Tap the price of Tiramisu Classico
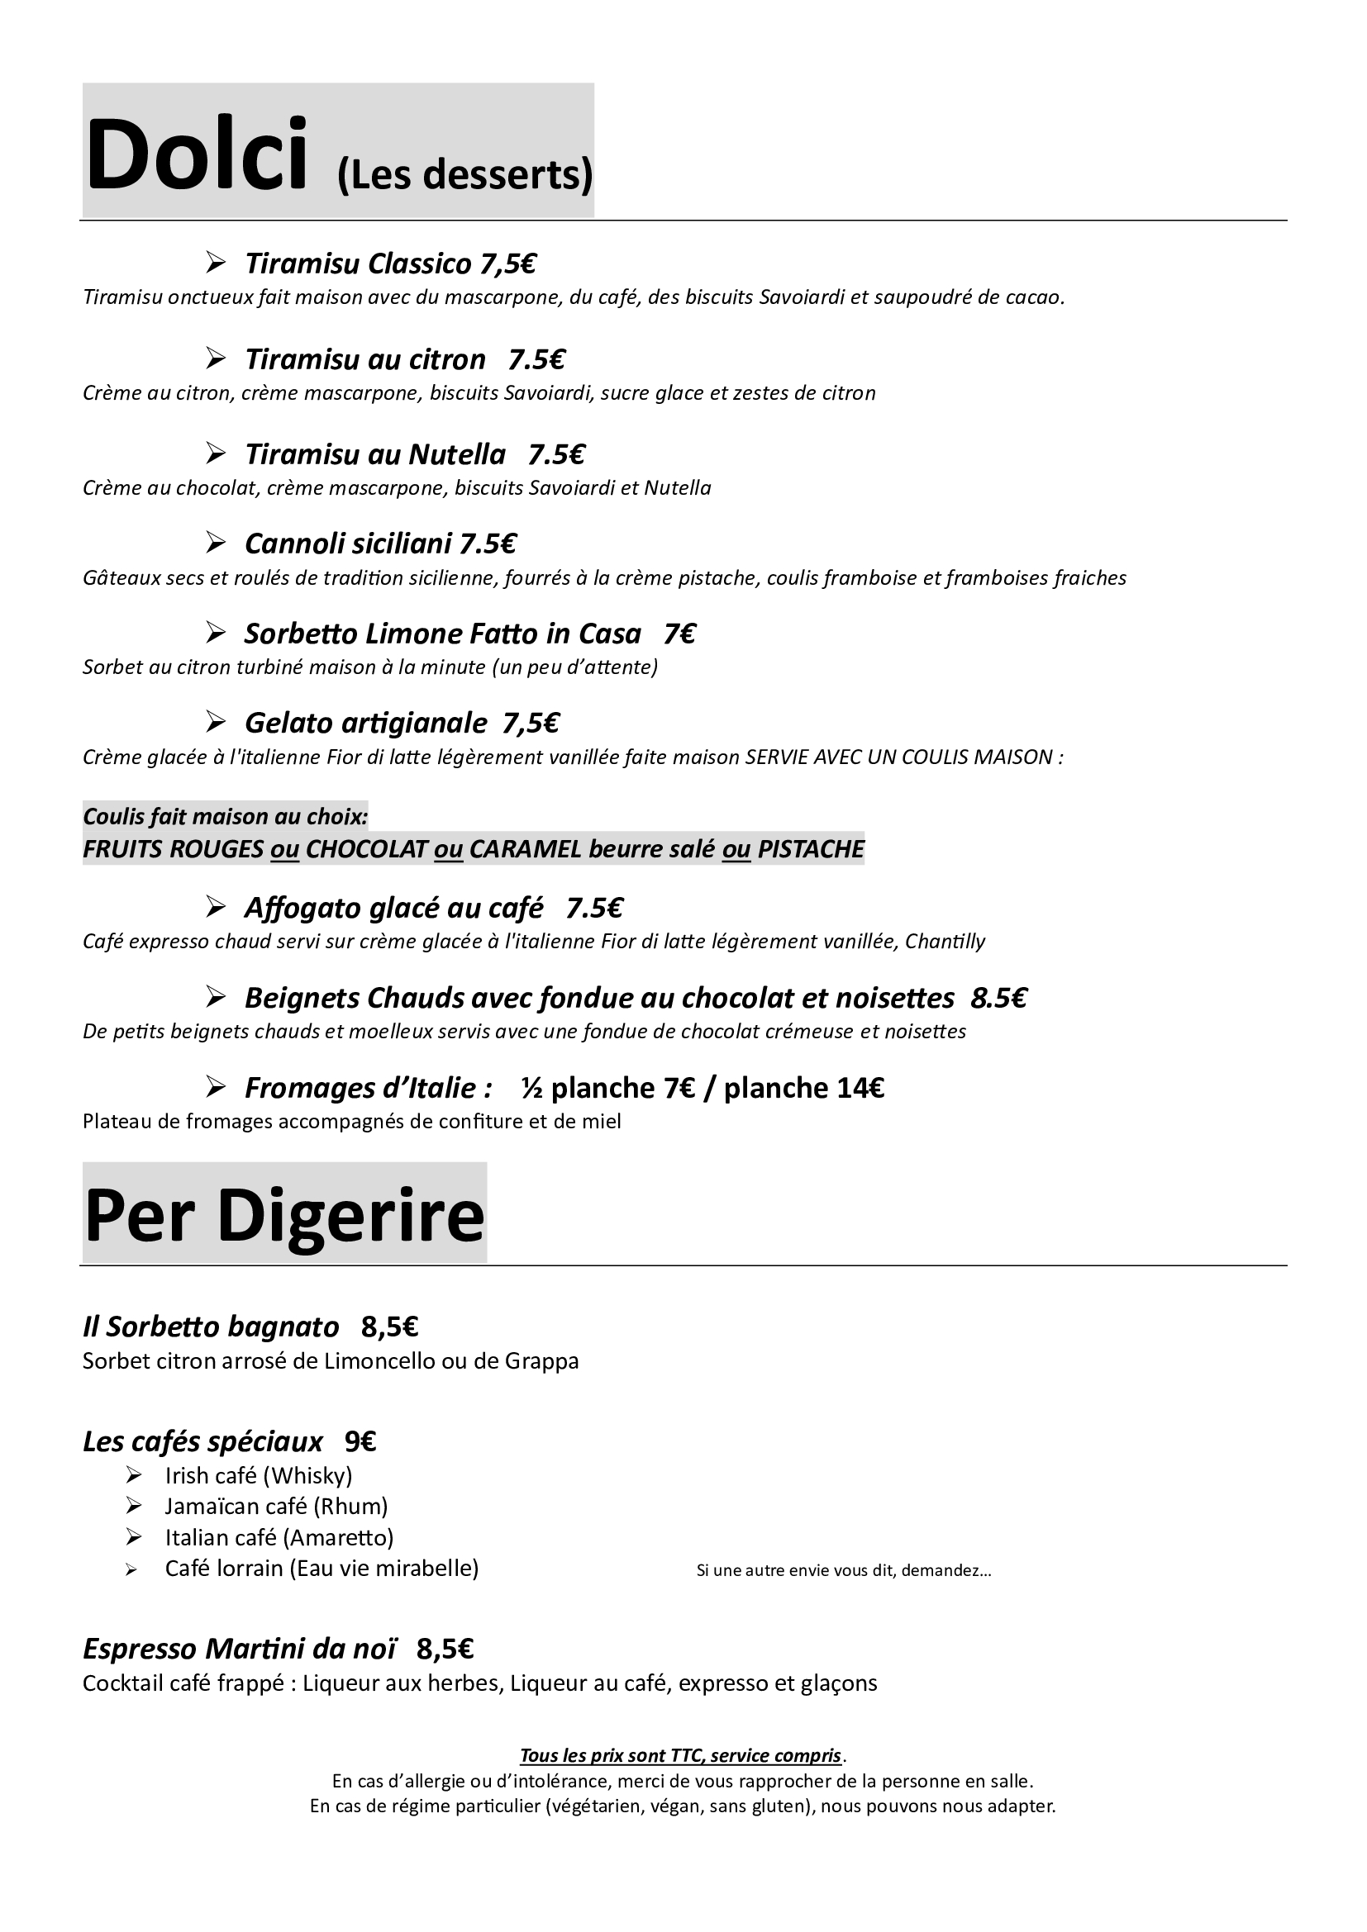click(x=508, y=264)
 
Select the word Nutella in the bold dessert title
click(x=456, y=454)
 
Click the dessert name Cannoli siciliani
click(x=349, y=544)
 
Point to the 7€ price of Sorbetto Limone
click(x=679, y=634)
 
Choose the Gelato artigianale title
click(x=365, y=723)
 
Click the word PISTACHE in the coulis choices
click(x=811, y=849)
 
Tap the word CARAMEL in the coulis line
click(x=526, y=849)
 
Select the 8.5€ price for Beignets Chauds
click(x=999, y=998)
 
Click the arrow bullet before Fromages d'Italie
click(x=216, y=1089)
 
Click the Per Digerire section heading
click(x=284, y=1216)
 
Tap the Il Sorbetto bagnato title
click(x=211, y=1327)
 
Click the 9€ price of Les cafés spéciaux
click(x=360, y=1442)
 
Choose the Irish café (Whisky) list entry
click(x=259, y=1475)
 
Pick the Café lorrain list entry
click(x=322, y=1569)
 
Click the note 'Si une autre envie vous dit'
click(x=844, y=1570)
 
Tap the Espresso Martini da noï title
click(x=239, y=1649)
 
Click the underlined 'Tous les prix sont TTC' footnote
click(x=681, y=1755)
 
